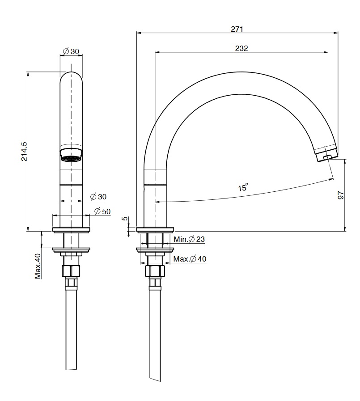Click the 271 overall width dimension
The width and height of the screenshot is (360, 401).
pyautogui.click(x=237, y=29)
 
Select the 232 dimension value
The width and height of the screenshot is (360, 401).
pyautogui.click(x=241, y=48)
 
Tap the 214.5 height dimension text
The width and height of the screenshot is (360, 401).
pyautogui.click(x=24, y=152)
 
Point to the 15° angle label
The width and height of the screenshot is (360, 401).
pyautogui.click(x=243, y=187)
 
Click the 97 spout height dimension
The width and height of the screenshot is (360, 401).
pyautogui.click(x=341, y=195)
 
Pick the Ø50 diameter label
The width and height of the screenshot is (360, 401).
pyautogui.click(x=102, y=211)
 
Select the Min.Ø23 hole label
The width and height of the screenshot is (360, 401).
pyautogui.click(x=189, y=239)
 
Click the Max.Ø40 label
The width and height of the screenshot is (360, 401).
pyautogui.click(x=190, y=259)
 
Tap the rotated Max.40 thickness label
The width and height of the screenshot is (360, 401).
pyautogui.click(x=38, y=266)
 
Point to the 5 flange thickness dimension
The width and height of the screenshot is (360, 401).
pyautogui.click(x=125, y=219)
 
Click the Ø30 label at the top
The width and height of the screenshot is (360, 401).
pyautogui.click(x=71, y=51)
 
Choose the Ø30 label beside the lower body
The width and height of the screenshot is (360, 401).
pyautogui.click(x=98, y=197)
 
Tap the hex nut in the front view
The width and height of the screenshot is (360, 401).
pyautogui.click(x=71, y=271)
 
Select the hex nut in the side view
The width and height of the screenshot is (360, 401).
pyautogui.click(x=155, y=271)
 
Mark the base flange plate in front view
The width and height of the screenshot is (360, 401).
pyautogui.click(x=71, y=230)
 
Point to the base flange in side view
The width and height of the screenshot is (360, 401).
pyautogui.click(x=155, y=230)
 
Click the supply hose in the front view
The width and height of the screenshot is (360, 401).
pyautogui.click(x=71, y=330)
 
